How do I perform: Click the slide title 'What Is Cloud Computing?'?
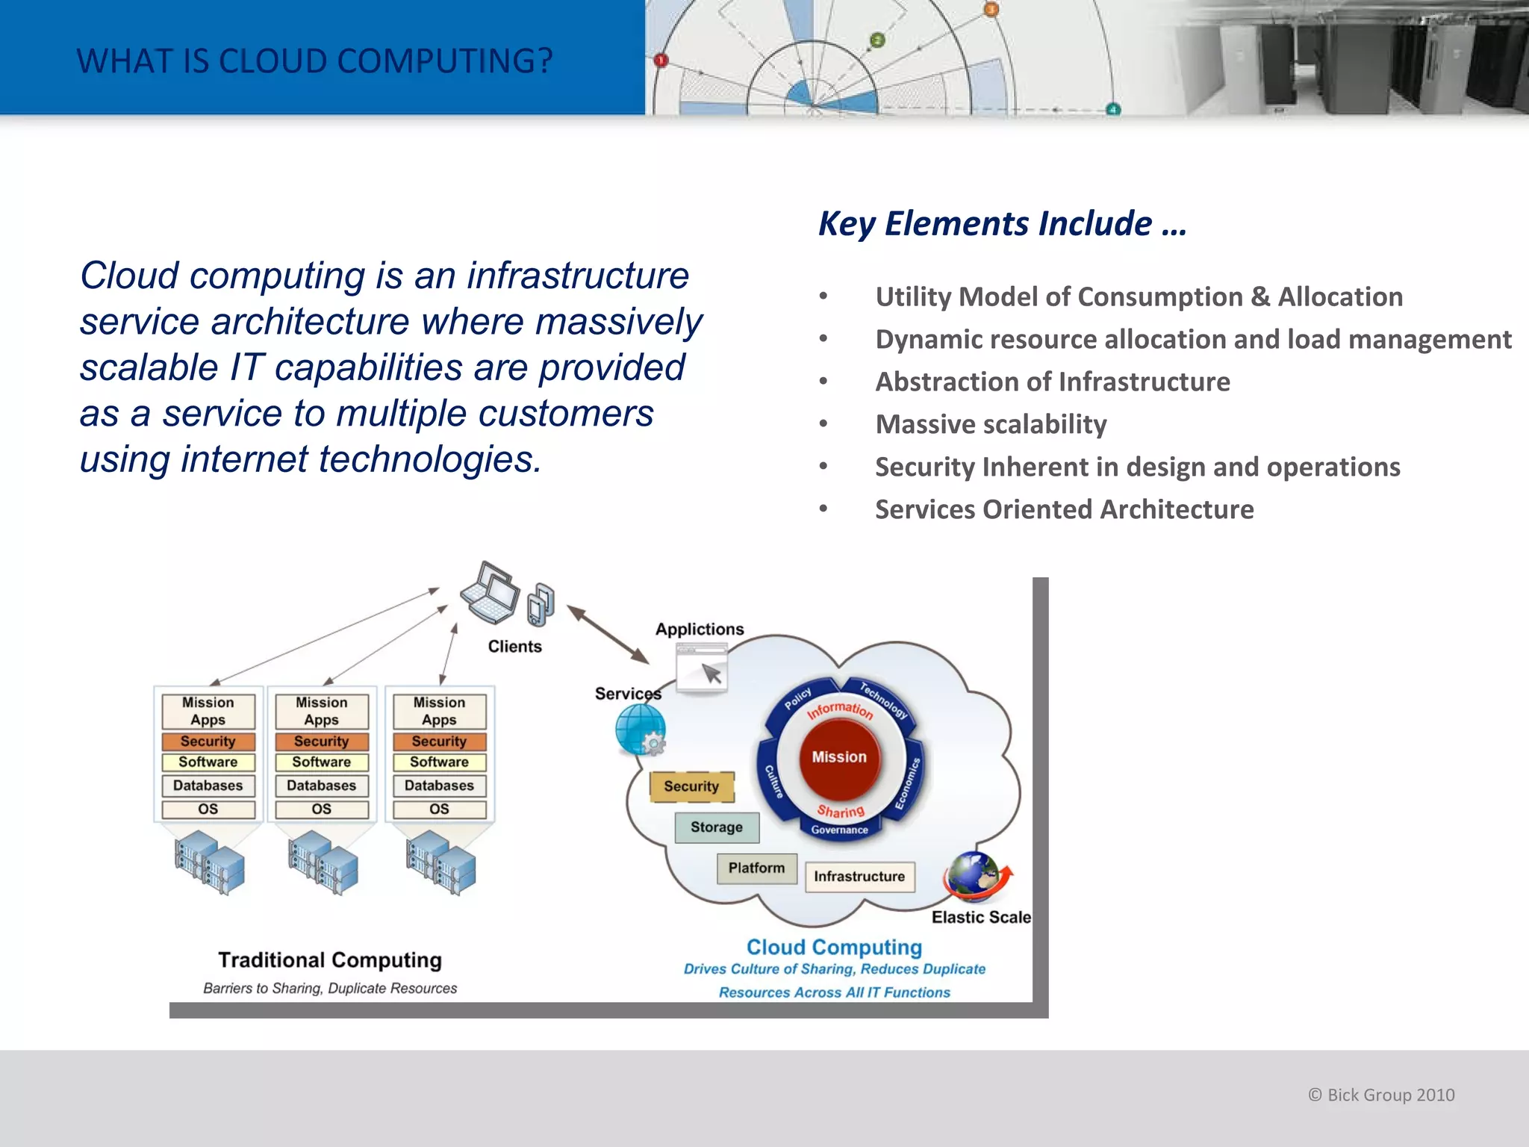(x=314, y=61)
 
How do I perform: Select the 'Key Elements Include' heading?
(x=1002, y=224)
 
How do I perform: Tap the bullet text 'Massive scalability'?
(x=991, y=424)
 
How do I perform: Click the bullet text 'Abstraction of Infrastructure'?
(x=1052, y=382)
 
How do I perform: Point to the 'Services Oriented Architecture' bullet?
(x=1064, y=509)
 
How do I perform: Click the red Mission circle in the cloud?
(x=839, y=757)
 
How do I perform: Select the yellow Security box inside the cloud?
(x=691, y=786)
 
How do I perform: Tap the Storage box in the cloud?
(x=717, y=827)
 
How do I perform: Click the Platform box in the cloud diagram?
(x=756, y=868)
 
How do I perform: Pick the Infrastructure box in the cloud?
(x=859, y=877)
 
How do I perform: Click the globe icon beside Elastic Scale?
(x=974, y=875)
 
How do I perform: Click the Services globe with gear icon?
(x=641, y=730)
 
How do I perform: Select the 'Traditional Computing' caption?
(x=330, y=960)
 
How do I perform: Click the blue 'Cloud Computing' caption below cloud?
(x=834, y=947)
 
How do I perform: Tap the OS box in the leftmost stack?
(x=208, y=809)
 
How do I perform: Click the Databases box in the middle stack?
(x=322, y=786)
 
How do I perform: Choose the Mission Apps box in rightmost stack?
(x=439, y=711)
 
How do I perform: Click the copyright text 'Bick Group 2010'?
(x=1381, y=1095)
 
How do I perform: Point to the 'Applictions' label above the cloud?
(x=700, y=630)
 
